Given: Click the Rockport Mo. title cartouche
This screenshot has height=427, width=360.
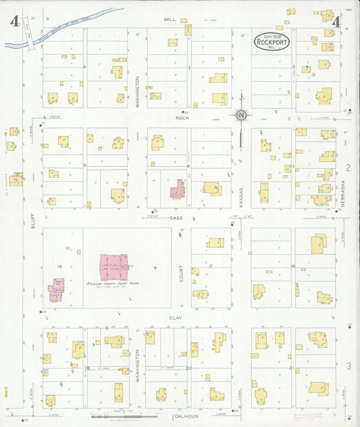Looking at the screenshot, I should [x=272, y=41].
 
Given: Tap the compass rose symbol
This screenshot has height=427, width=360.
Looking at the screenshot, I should [x=240, y=116].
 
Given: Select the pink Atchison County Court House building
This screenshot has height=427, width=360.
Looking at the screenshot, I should [x=114, y=266].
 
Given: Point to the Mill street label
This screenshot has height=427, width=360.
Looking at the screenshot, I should [x=170, y=20].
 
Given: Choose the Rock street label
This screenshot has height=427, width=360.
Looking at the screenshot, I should [x=181, y=118].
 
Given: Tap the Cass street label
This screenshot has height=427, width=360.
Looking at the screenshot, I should [x=176, y=218].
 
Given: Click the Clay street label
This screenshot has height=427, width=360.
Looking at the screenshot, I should [x=176, y=316].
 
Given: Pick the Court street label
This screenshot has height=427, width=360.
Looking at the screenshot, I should [x=181, y=272].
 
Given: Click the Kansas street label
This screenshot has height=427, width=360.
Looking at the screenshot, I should [x=240, y=197].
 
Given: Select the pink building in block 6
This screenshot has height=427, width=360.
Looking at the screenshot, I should [x=178, y=189].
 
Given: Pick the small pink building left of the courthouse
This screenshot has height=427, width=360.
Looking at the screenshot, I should [x=57, y=291].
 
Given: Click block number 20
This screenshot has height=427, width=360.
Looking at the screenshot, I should [x=188, y=368].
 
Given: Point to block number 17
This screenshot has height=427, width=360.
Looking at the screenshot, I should [x=211, y=266].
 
